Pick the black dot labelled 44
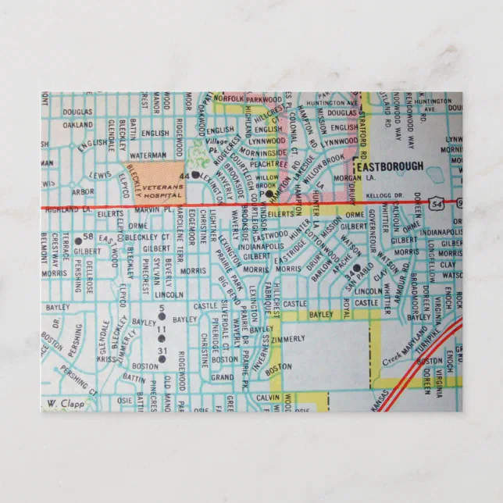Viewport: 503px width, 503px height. click(195, 175)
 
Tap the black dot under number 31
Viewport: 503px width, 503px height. click(162, 359)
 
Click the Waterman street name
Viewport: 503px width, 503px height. click(148, 155)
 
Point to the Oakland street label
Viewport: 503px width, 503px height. click(77, 124)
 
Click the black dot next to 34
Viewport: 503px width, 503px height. click(355, 267)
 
